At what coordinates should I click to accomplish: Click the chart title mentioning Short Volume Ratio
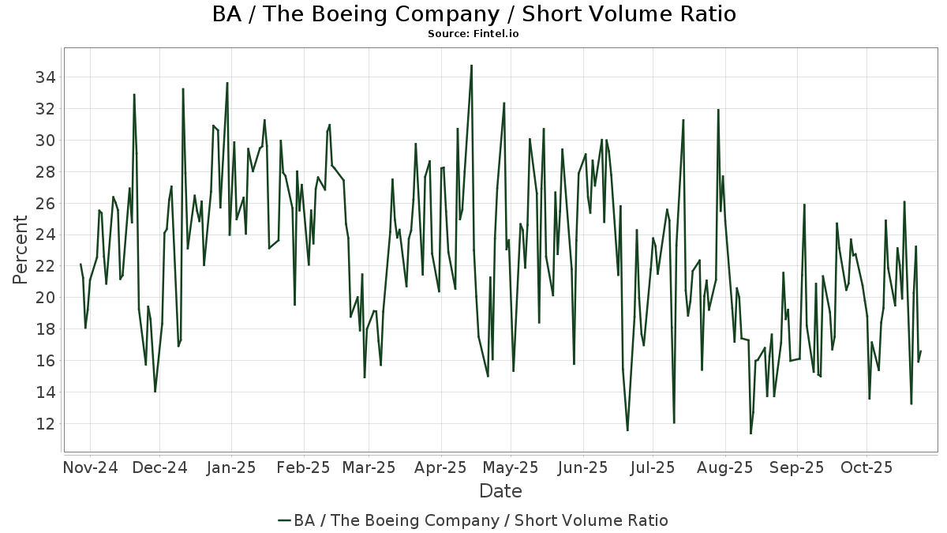pyautogui.click(x=473, y=14)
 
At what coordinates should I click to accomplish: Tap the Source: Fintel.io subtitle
pyautogui.click(x=473, y=34)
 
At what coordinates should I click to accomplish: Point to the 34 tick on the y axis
pyautogui.click(x=43, y=77)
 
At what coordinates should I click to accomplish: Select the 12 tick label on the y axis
pyautogui.click(x=43, y=424)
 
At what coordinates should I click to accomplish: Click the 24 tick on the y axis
pyautogui.click(x=43, y=235)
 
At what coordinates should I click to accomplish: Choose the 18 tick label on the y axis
pyautogui.click(x=43, y=329)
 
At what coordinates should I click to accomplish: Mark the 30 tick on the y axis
pyautogui.click(x=43, y=141)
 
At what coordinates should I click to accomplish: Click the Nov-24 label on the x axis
pyautogui.click(x=90, y=467)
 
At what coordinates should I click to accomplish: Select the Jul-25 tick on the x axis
pyautogui.click(x=653, y=467)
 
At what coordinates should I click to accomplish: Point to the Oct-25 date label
pyautogui.click(x=866, y=467)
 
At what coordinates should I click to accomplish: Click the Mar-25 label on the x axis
pyautogui.click(x=369, y=467)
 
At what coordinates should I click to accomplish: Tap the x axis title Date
pyautogui.click(x=500, y=491)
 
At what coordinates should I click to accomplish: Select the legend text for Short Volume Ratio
pyautogui.click(x=481, y=520)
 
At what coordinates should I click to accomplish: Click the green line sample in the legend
pyautogui.click(x=285, y=520)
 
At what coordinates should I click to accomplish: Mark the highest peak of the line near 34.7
pyautogui.click(x=471, y=66)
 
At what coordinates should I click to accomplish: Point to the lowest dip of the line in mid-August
pyautogui.click(x=750, y=434)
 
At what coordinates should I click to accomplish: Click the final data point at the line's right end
pyautogui.click(x=921, y=351)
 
